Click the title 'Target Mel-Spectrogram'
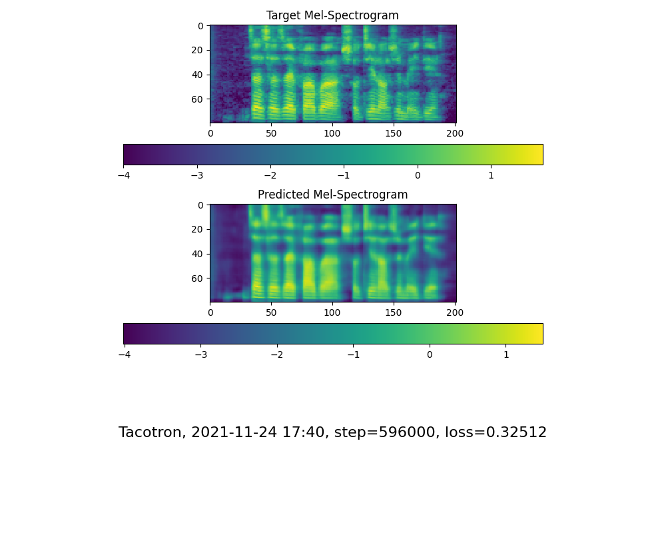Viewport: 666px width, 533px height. (x=332, y=15)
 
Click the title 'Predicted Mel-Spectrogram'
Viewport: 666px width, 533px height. (x=332, y=195)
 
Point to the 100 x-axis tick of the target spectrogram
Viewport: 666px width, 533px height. (x=332, y=133)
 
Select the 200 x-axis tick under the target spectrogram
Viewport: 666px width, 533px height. (x=455, y=133)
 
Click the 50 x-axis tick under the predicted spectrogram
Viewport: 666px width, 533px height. (x=271, y=312)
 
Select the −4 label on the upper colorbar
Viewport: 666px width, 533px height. (x=123, y=175)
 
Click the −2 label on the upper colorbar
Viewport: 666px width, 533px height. (x=270, y=175)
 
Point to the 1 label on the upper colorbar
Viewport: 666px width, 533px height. (x=491, y=175)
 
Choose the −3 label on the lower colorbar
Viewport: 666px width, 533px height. (x=200, y=354)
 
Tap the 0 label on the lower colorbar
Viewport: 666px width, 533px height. (x=430, y=354)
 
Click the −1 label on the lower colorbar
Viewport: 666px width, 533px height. (x=353, y=354)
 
